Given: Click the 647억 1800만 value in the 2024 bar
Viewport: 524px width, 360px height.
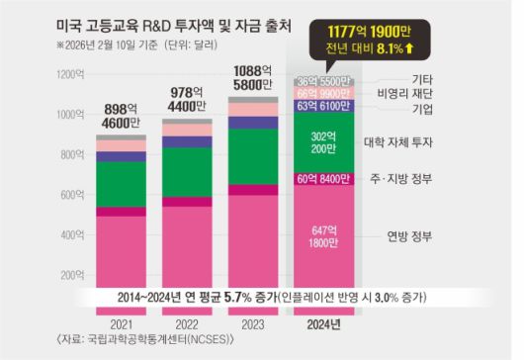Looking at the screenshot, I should [322, 235].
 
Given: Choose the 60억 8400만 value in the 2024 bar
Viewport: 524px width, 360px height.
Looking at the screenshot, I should [322, 179].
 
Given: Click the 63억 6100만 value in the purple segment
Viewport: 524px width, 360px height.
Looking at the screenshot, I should [322, 106].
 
